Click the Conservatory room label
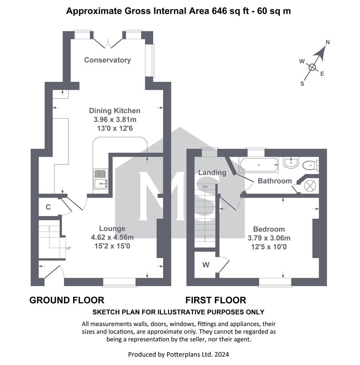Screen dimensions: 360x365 107,60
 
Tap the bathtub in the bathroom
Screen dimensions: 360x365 258,165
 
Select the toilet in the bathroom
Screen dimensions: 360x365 311,165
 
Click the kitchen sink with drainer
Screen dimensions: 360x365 101,179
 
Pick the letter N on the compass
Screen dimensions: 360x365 328,42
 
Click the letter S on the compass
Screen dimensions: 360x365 302,83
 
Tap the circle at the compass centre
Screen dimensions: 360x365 312,68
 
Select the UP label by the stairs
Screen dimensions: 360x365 68,248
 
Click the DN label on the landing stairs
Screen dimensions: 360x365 205,187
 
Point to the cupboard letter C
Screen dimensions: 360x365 48,207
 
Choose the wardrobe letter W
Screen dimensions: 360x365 206,265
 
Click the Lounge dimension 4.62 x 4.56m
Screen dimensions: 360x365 112,237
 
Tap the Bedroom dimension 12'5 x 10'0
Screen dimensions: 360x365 269,247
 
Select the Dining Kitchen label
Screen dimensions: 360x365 115,111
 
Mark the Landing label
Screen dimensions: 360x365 212,172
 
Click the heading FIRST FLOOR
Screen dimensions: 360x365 216,300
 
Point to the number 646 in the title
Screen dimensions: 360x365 219,11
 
